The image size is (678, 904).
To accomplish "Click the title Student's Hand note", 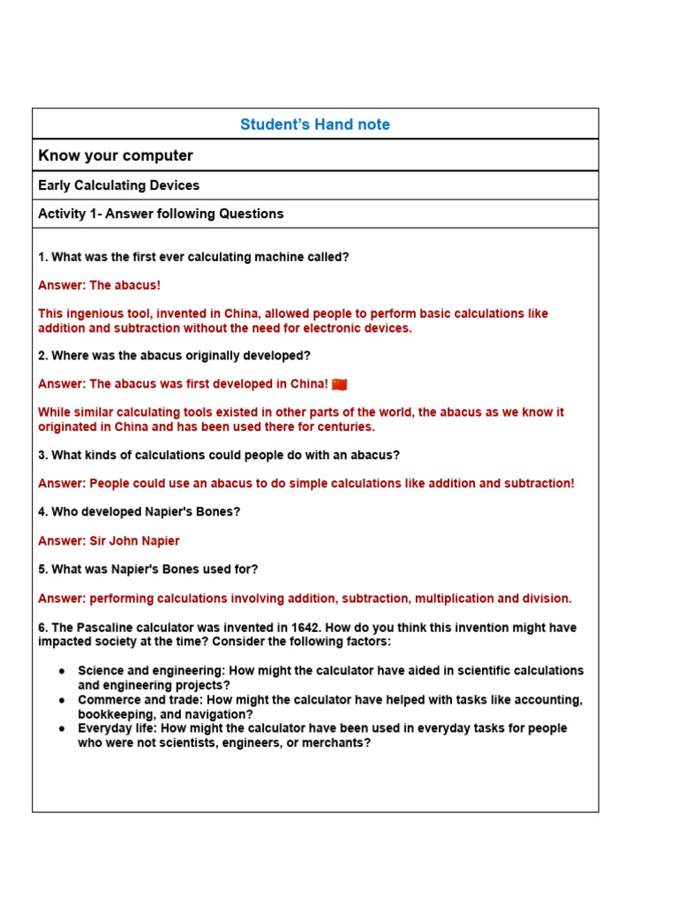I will click(315, 124).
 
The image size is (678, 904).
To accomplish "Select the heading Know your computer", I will click(116, 155).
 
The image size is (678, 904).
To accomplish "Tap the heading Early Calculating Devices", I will click(119, 185).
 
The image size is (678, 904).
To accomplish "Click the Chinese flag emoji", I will click(340, 384).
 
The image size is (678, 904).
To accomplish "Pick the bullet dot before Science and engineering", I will click(62, 671).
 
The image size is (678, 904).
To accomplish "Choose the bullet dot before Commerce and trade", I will click(62, 700).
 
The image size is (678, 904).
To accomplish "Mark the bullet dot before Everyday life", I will click(62, 728).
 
